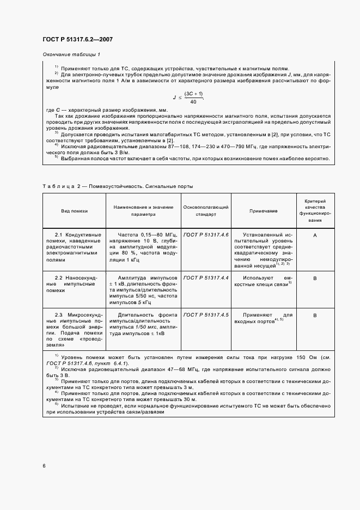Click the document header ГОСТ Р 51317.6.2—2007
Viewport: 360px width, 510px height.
point(77,39)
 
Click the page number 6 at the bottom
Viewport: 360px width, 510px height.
point(44,465)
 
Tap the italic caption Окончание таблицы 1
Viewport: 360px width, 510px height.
point(71,54)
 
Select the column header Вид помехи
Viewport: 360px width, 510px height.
point(74,210)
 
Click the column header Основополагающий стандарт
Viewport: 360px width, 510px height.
point(206,210)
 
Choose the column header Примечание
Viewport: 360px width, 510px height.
point(264,210)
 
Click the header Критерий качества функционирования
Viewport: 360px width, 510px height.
point(315,210)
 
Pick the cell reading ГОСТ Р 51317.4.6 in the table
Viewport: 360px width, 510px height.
point(206,234)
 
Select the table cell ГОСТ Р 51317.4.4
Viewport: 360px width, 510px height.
point(206,278)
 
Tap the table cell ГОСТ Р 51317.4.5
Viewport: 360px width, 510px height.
point(206,315)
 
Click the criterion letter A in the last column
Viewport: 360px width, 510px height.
point(315,234)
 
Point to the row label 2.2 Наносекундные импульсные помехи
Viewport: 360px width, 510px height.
point(74,284)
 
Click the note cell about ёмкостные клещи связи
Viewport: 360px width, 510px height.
point(264,281)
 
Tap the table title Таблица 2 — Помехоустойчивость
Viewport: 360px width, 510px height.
point(117,187)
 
